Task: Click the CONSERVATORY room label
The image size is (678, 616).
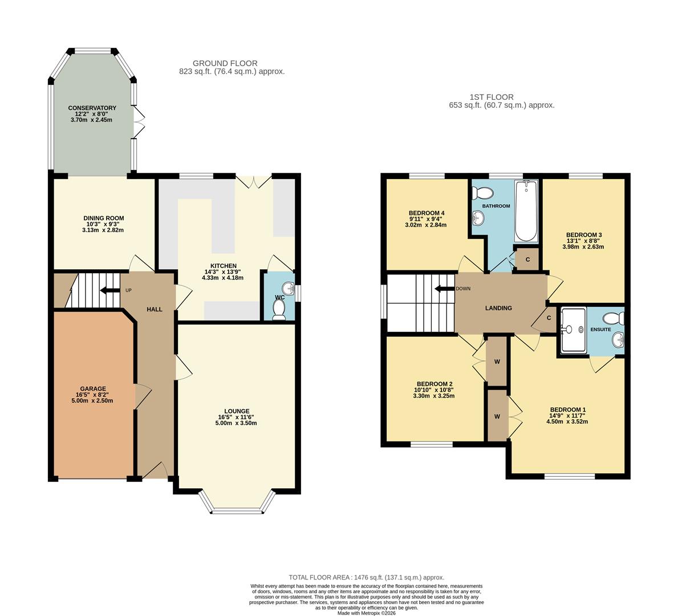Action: pos(92,108)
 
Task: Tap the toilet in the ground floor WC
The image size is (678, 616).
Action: pos(279,309)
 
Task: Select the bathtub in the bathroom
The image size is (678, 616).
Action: pos(526,212)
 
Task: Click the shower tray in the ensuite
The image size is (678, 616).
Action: pos(573,330)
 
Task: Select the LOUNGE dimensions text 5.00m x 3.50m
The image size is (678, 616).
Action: pos(237,423)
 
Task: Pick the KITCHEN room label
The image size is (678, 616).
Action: pos(223,266)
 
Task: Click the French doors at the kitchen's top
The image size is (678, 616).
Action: pos(254,181)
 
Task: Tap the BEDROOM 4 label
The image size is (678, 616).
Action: pos(427,213)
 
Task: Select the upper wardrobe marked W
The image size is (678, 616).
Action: pos(497,362)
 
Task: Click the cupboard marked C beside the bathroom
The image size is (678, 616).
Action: pos(527,260)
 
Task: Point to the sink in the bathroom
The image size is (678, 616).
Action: pos(478,217)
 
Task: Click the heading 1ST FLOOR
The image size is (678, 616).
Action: pos(491,97)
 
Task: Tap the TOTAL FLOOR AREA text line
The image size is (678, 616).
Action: pos(366,577)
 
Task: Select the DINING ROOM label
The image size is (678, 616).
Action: pos(103,218)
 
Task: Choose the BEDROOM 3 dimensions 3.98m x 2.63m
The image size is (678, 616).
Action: pos(583,247)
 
